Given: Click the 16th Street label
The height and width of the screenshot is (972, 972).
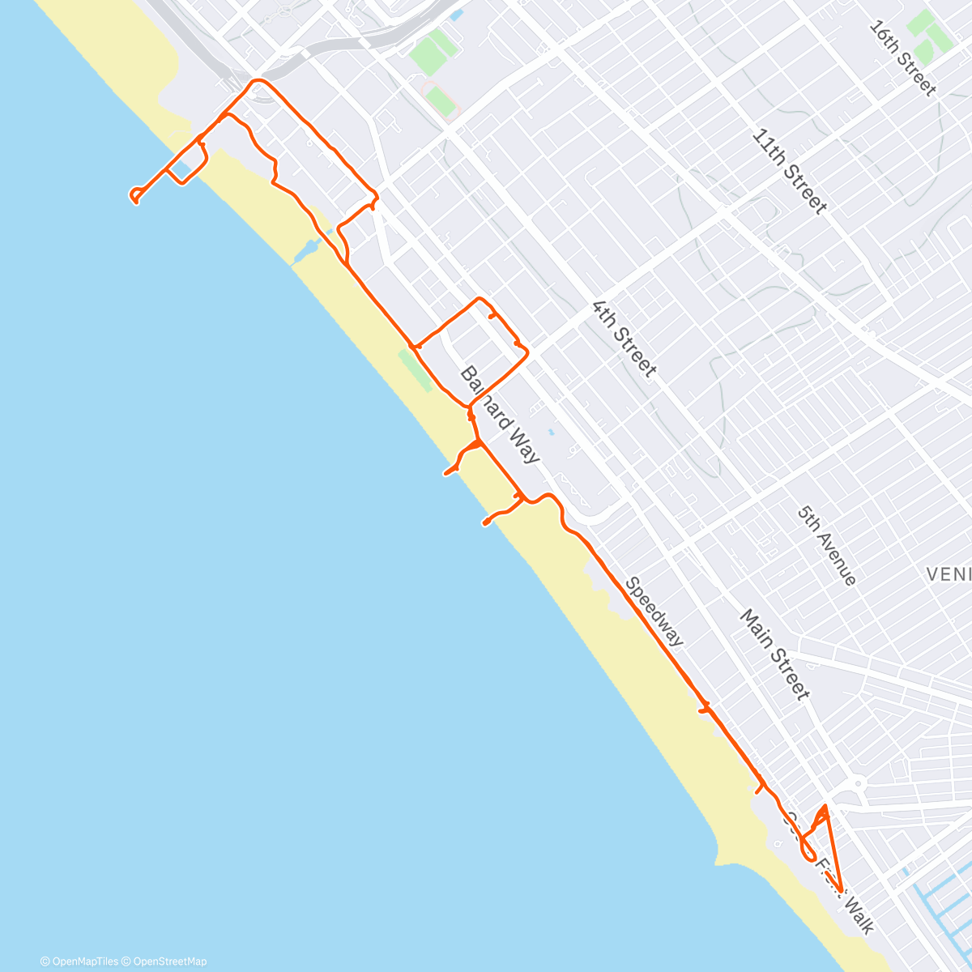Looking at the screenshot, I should [902, 58].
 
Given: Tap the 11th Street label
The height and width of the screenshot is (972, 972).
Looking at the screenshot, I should [789, 171].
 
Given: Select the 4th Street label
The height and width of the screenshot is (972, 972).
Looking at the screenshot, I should [624, 339].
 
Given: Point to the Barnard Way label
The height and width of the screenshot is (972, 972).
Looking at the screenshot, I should [500, 414].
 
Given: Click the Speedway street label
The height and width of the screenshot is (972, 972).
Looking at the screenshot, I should [654, 612].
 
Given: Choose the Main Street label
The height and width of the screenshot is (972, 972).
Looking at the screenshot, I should [774, 654].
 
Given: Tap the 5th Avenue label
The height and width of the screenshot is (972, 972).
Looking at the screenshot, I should [826, 545].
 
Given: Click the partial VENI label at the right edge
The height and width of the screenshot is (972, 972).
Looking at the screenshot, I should [949, 574].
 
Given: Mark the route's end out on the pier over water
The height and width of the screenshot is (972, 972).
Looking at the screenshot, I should [134, 197].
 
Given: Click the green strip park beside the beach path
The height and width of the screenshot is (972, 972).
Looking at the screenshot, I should [415, 370].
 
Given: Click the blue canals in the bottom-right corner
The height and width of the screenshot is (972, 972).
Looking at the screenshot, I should [940, 907].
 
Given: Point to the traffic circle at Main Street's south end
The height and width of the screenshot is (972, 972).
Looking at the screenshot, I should [857, 783].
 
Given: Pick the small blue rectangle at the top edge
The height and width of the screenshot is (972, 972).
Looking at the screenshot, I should [458, 15].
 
